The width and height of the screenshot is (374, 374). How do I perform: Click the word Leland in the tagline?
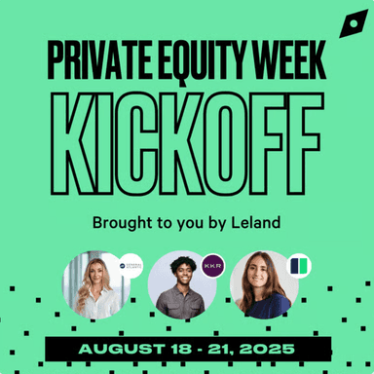pos(258,221)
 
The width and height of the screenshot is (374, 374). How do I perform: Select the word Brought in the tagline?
pos(123,221)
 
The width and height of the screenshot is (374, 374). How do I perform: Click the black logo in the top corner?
pos(349,25)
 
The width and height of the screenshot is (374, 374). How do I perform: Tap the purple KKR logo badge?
pos(213,264)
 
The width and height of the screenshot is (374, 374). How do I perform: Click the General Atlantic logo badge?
pos(131,265)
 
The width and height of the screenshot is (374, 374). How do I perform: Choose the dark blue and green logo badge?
pos(298,265)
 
